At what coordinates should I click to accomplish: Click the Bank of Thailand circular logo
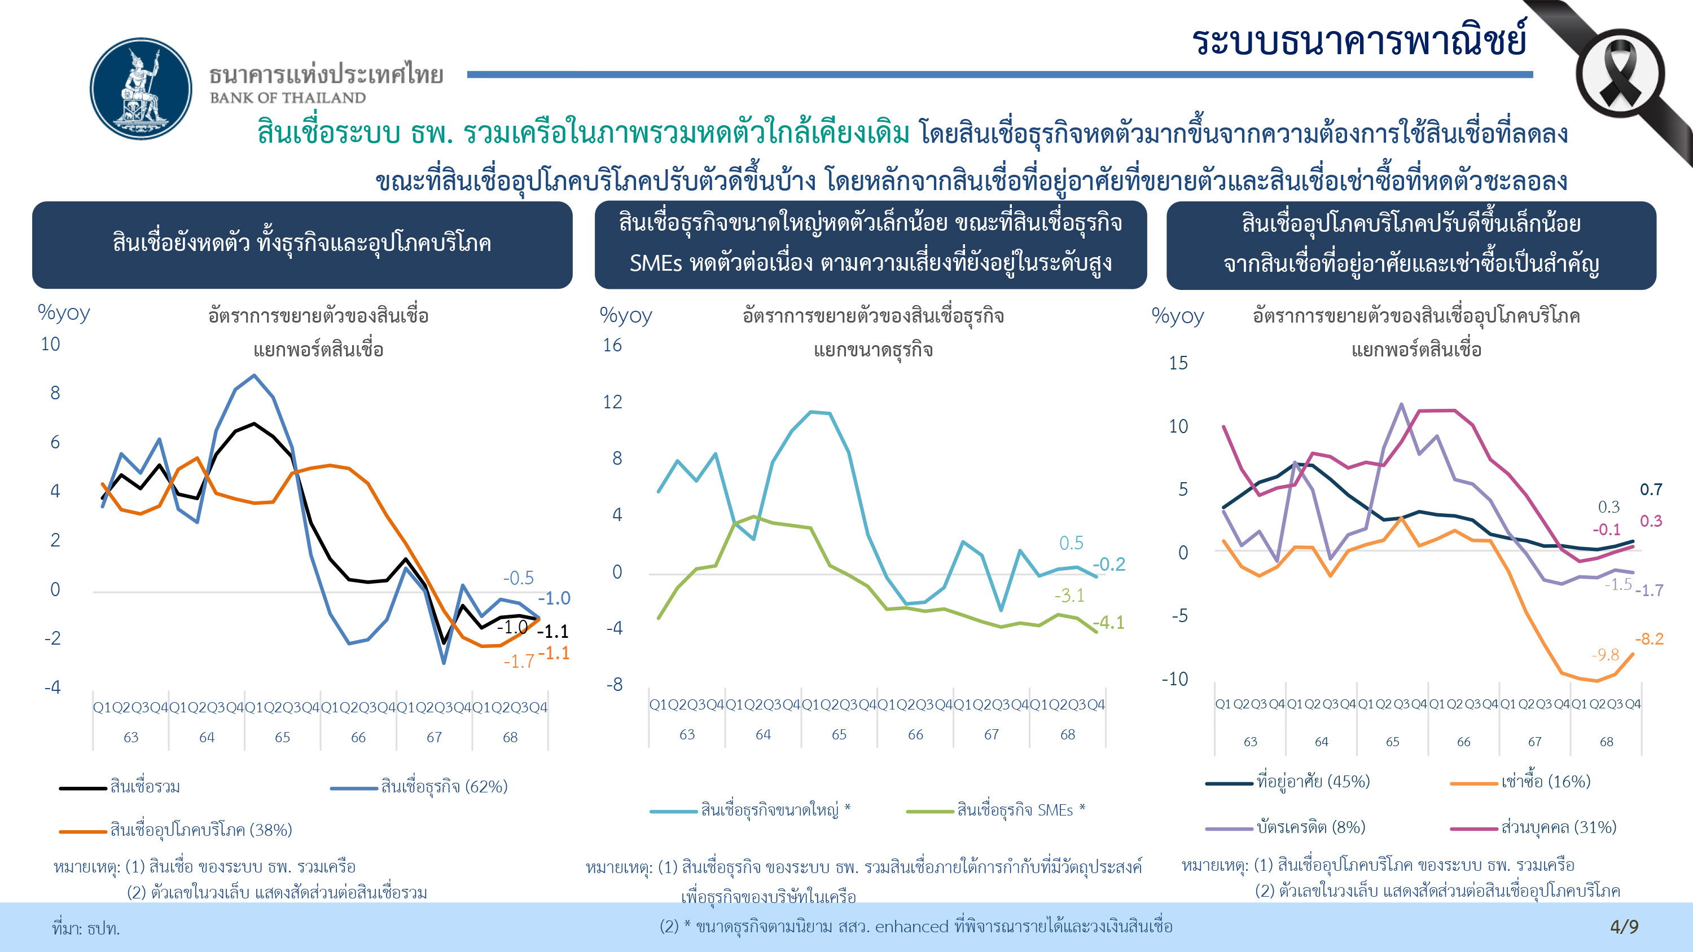[x=141, y=89]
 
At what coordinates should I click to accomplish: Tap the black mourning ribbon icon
[x=1620, y=77]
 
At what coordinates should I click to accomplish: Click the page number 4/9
[x=1624, y=927]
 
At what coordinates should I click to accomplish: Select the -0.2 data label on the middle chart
[x=1109, y=565]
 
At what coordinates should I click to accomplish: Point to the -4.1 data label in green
[x=1108, y=622]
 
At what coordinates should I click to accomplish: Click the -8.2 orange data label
[x=1649, y=638]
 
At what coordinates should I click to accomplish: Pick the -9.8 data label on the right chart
[x=1605, y=654]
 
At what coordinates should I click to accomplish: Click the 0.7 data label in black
[x=1650, y=490]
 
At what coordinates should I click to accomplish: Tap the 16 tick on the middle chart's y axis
[x=612, y=346]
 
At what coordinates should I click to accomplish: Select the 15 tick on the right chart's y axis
[x=1178, y=363]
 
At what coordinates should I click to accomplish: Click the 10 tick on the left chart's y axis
[x=51, y=344]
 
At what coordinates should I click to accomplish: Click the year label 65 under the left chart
[x=282, y=737]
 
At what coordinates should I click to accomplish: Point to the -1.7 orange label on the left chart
[x=519, y=662]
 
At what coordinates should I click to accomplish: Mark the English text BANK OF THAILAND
[x=288, y=98]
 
